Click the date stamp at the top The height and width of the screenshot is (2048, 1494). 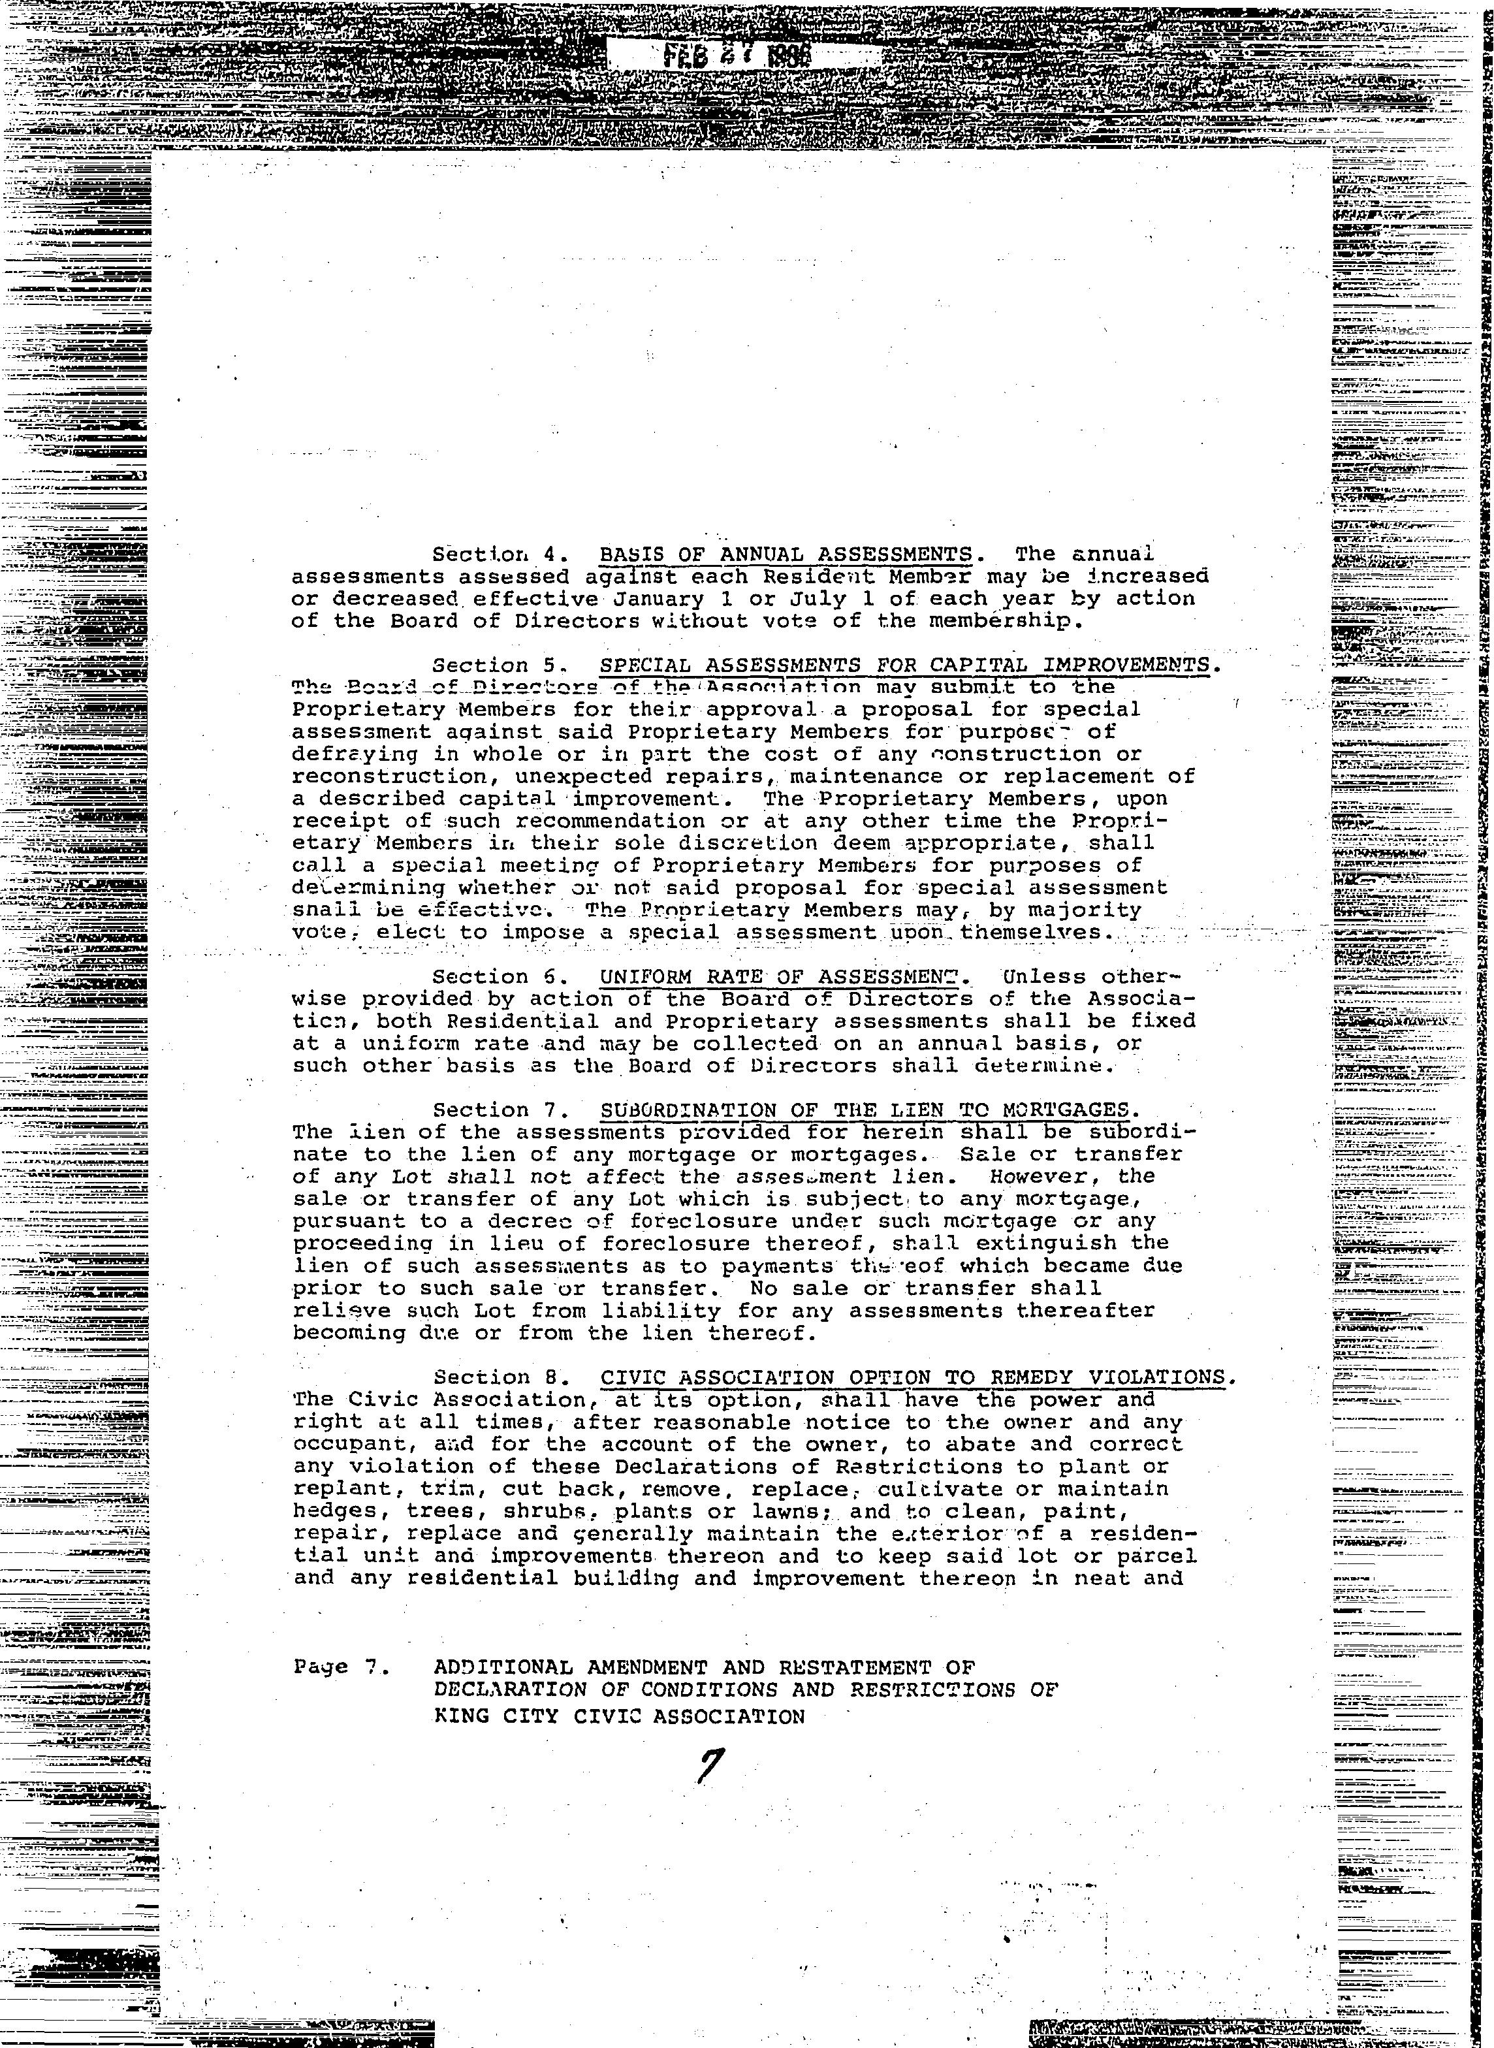[737, 56]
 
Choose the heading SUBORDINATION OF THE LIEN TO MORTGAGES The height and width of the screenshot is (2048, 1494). [865, 1110]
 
